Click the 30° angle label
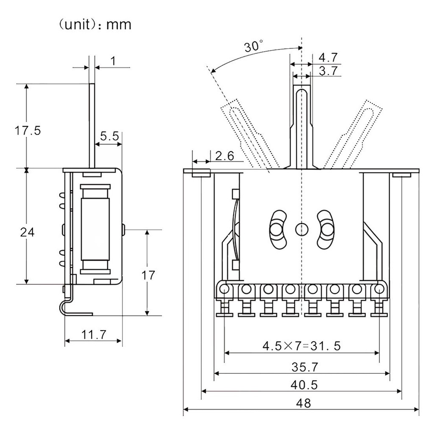click(x=254, y=46)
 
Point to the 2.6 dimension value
click(x=224, y=156)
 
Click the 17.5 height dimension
click(x=28, y=130)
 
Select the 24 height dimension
click(x=27, y=232)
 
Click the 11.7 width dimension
click(x=93, y=335)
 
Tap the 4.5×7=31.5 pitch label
click(x=301, y=346)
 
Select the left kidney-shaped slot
click(x=277, y=229)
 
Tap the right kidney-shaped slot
click(x=325, y=229)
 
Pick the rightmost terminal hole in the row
click(x=379, y=290)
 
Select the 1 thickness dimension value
click(x=113, y=61)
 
